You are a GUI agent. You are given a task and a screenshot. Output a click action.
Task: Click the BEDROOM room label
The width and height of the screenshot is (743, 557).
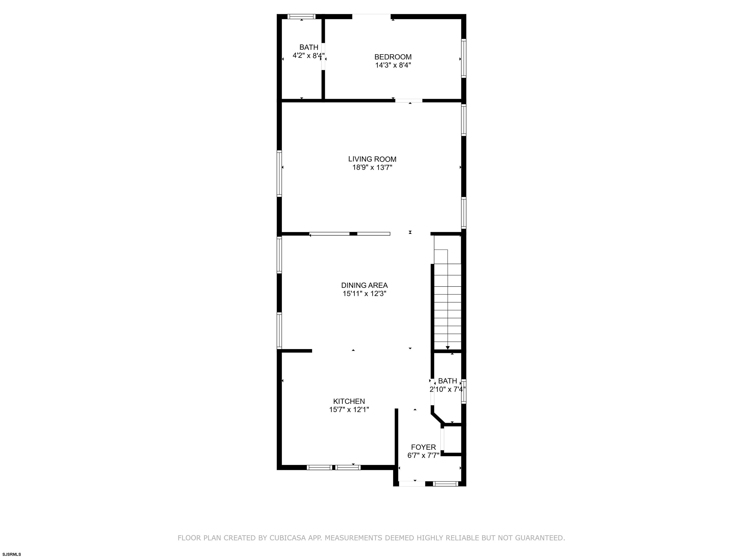coord(393,57)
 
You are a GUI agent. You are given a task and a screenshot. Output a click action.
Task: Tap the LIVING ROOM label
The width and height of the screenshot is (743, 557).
coord(372,159)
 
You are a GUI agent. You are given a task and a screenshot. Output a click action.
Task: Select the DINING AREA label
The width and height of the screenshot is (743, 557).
coord(364,285)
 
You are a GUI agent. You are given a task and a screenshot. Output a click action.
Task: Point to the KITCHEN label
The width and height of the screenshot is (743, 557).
coord(349,401)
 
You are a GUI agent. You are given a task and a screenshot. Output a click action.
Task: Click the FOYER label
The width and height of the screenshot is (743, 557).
coord(424,447)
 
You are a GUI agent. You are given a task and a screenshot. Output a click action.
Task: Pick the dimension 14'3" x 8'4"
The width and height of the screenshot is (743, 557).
coord(393,65)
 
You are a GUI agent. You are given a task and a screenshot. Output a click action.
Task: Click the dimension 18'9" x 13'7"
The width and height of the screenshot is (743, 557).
coord(372,168)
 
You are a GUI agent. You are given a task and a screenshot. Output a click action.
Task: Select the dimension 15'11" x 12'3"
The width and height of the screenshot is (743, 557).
coord(364,294)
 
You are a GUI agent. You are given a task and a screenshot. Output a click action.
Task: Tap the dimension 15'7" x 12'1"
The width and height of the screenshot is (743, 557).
coord(349,410)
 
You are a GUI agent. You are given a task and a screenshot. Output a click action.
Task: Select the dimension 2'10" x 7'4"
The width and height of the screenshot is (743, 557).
coord(448,389)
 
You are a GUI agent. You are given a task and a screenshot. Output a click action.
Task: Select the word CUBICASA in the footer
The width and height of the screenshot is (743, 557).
coord(288,538)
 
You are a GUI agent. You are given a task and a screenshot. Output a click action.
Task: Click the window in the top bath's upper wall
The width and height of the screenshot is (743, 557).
coord(302,16)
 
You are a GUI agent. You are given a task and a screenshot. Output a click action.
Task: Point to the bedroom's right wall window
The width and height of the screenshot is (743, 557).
coord(464,58)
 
